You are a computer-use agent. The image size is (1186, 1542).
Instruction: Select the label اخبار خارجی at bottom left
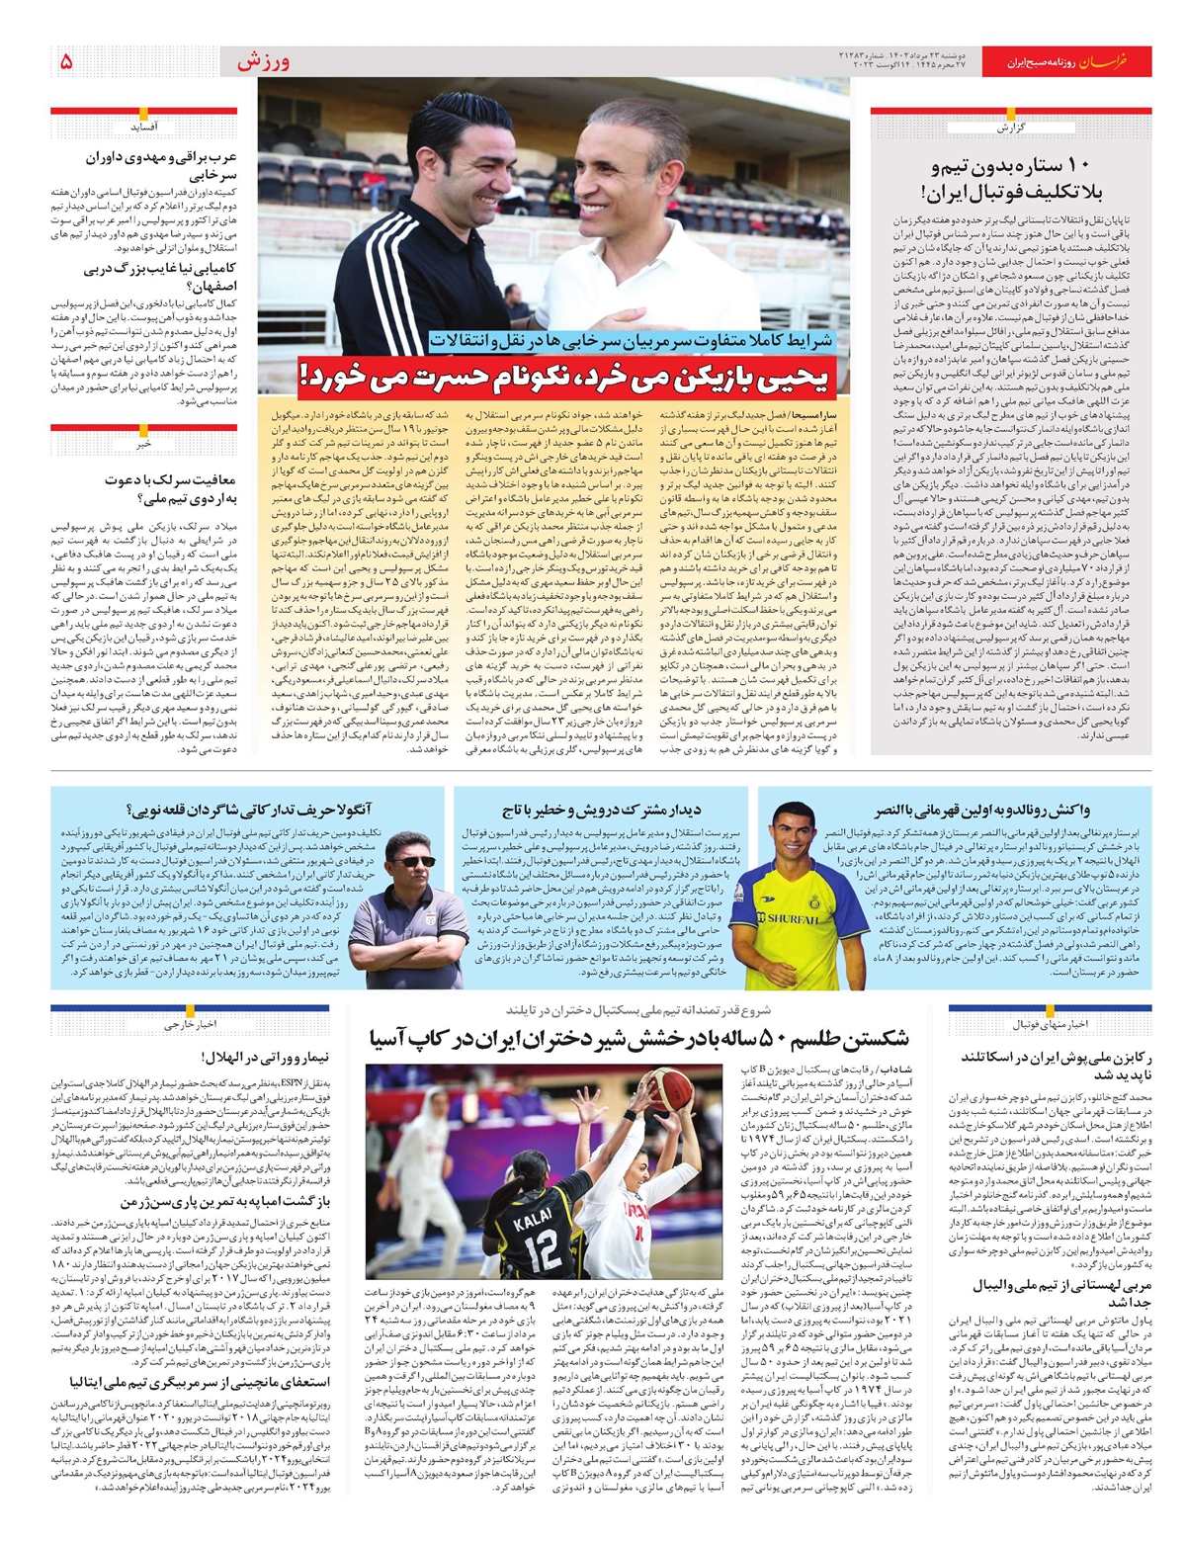(x=190, y=1025)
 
